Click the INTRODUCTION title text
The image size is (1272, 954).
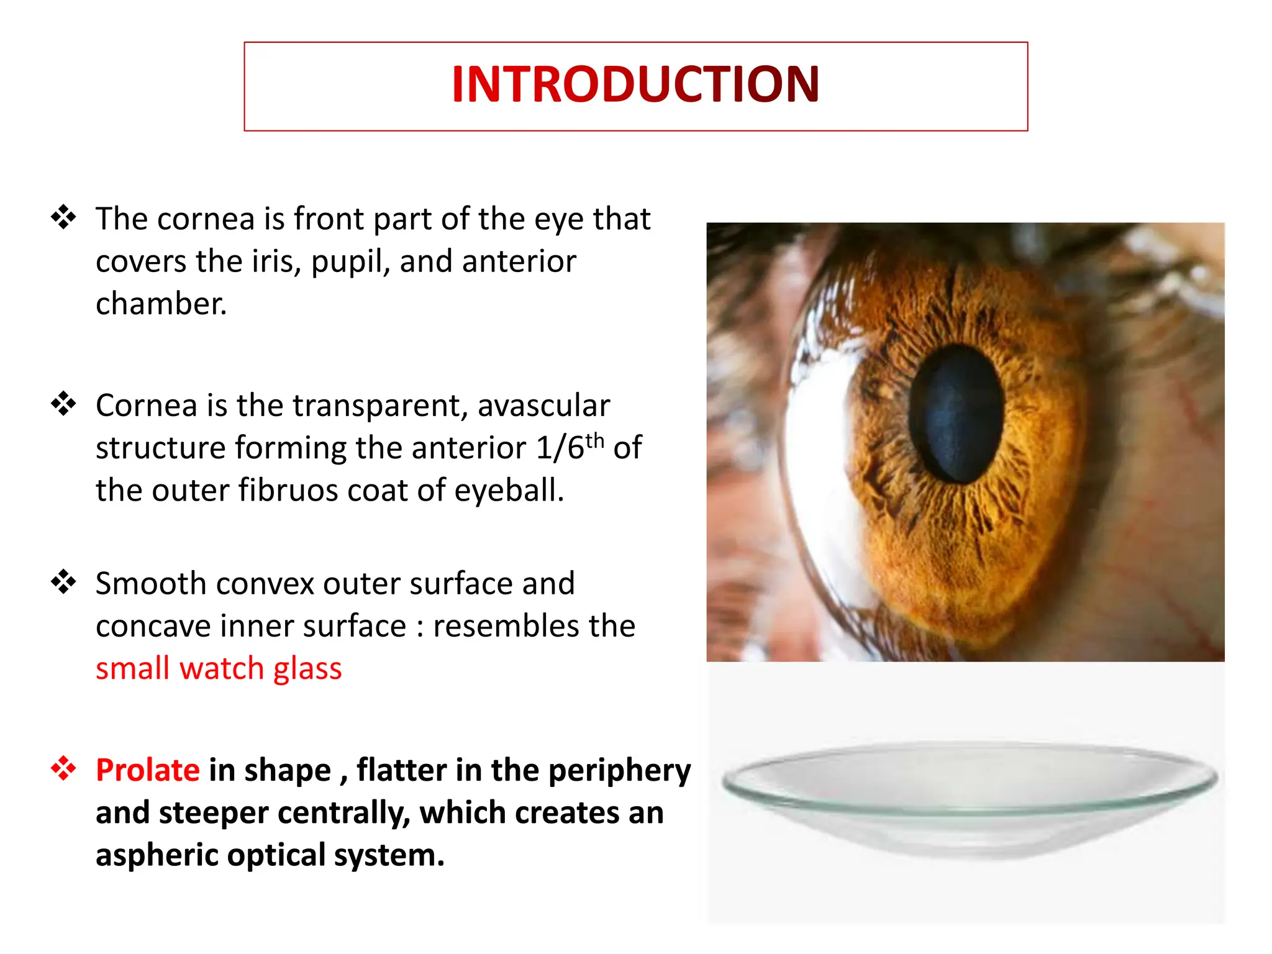635,85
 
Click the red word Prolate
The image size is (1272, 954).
148,771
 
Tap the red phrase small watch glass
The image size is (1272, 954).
219,669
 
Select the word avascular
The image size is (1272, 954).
543,406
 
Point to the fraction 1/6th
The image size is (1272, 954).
570,447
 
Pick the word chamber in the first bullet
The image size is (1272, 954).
160,304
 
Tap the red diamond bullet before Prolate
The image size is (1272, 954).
63,769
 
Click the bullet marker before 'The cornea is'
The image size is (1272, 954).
63,218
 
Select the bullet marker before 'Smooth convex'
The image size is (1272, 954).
63,583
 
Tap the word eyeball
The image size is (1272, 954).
509,491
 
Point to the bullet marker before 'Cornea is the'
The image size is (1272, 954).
63,404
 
